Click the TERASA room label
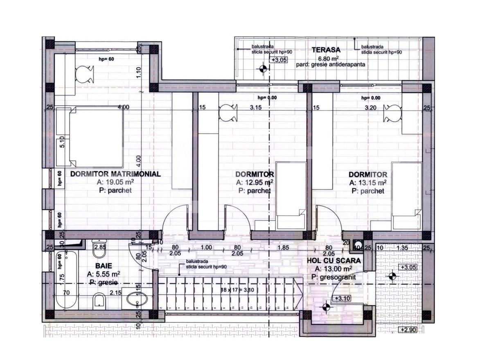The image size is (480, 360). pyautogui.click(x=326, y=50)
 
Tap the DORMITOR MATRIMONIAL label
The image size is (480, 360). pyautogui.click(x=115, y=174)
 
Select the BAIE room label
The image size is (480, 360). pyautogui.click(x=104, y=265)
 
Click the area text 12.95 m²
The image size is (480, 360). pyautogui.click(x=255, y=183)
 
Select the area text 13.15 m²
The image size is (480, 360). pyautogui.click(x=367, y=183)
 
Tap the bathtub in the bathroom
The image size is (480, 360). pyautogui.click(x=66, y=281)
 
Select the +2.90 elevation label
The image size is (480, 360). pyautogui.click(x=408, y=330)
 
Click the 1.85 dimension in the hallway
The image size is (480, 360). pyautogui.click(x=283, y=247)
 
